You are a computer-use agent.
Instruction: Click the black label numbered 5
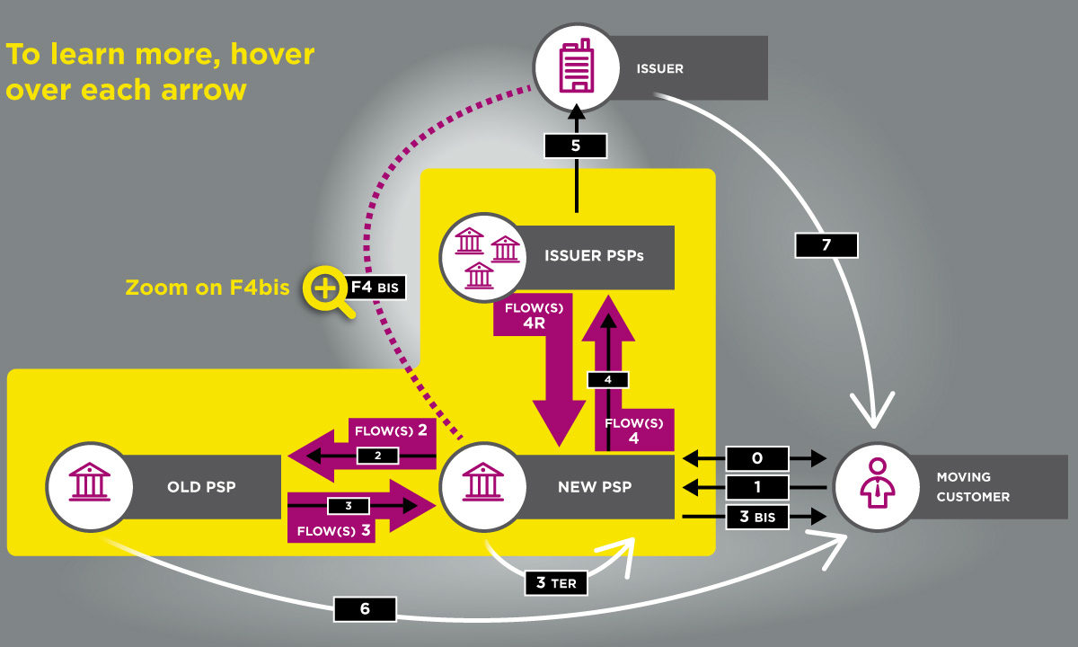(x=576, y=146)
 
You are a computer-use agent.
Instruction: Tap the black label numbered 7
(x=826, y=245)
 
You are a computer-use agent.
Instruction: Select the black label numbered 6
(x=365, y=609)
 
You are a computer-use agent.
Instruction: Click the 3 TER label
(x=556, y=583)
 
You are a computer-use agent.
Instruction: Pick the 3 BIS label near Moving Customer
(x=757, y=517)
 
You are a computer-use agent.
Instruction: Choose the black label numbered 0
(x=757, y=458)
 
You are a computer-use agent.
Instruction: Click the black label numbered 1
(x=757, y=487)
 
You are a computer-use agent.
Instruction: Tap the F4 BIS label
(x=375, y=288)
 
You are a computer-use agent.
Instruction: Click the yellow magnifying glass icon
(x=328, y=292)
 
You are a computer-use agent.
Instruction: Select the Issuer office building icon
(x=576, y=66)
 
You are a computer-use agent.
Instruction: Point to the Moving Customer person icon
(x=878, y=483)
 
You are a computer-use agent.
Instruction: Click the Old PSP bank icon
(x=90, y=482)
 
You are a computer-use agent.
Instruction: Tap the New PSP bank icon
(x=483, y=482)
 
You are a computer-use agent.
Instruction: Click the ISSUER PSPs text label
(x=594, y=255)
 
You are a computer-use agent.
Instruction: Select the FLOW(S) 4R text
(x=534, y=315)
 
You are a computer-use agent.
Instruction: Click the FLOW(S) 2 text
(x=391, y=430)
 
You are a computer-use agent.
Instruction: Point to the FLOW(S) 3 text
(x=333, y=530)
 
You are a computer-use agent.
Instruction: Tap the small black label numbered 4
(x=608, y=380)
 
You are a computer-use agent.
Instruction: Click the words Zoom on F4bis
(x=208, y=288)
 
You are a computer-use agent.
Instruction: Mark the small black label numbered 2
(x=378, y=456)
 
